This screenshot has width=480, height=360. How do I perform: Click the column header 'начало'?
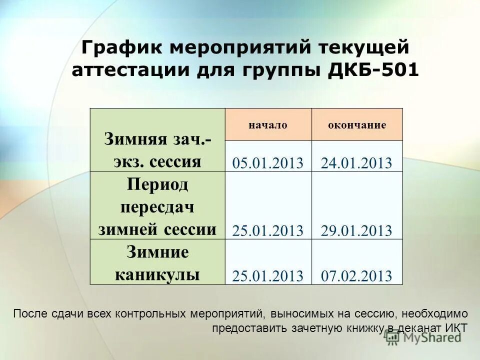click(268, 125)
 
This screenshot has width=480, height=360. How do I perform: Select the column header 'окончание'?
click(356, 125)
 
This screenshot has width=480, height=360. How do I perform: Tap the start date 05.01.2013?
click(268, 163)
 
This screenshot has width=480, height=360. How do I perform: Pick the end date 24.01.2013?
click(356, 163)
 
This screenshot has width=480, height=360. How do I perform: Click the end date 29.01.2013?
click(356, 230)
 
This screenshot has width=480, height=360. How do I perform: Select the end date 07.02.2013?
click(356, 276)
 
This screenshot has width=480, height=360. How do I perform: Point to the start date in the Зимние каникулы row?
click(268, 276)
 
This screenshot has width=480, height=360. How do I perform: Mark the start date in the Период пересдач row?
click(268, 230)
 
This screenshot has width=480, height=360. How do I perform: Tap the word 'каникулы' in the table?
click(158, 274)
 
